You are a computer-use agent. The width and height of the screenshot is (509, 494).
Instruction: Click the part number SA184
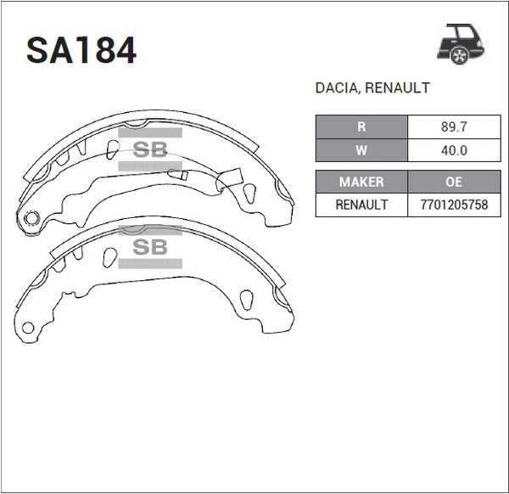tap(81, 50)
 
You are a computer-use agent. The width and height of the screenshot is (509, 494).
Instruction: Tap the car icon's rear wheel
tap(460, 56)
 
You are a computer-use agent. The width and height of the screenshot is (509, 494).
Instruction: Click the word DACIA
tap(336, 88)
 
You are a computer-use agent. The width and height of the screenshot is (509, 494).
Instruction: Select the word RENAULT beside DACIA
tap(397, 88)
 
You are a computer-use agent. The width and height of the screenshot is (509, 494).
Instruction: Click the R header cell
tap(361, 126)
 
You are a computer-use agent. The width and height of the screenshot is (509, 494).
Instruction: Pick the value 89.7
tap(454, 126)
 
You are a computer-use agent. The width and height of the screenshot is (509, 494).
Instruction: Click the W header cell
tap(361, 150)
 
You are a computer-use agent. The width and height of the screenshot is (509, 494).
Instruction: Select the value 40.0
tap(454, 150)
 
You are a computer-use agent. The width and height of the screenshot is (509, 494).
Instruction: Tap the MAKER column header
tap(361, 182)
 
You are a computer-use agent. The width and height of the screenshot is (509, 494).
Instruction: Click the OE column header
tap(454, 182)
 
